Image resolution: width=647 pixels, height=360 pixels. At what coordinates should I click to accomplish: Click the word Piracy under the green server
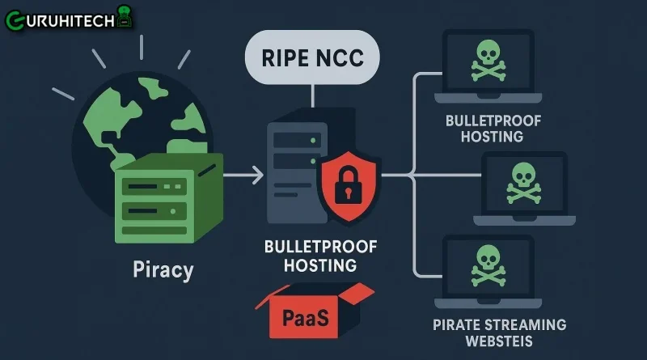click(x=163, y=269)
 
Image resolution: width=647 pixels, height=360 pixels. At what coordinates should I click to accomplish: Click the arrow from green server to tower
click(x=243, y=173)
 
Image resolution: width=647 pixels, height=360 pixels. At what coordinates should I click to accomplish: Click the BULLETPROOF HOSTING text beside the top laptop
click(x=492, y=128)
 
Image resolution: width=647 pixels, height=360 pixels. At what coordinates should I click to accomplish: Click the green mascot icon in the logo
click(x=123, y=15)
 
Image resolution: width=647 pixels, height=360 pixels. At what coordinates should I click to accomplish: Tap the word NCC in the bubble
click(x=338, y=59)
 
